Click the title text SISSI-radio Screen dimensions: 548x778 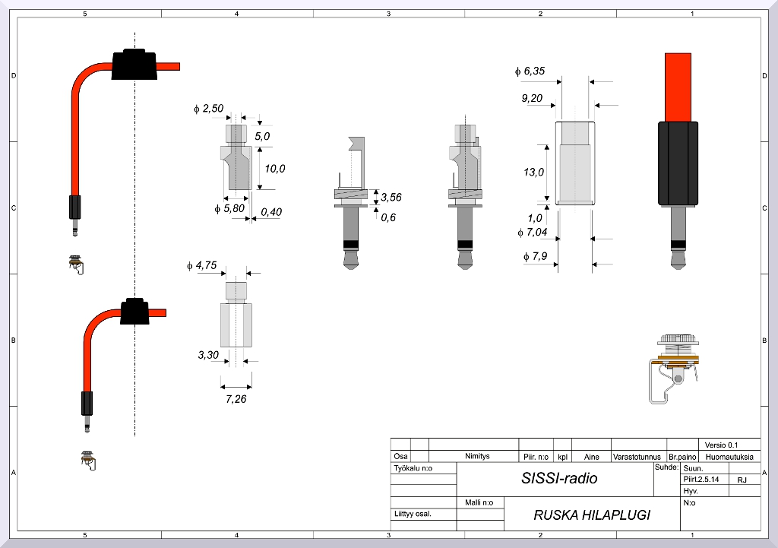pyautogui.click(x=559, y=478)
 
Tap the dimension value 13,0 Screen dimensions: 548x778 pyautogui.click(x=534, y=172)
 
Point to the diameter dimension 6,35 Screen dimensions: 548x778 pyautogui.click(x=530, y=71)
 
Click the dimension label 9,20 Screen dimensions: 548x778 pyautogui.click(x=532, y=98)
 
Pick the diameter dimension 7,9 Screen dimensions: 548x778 pyautogui.click(x=536, y=256)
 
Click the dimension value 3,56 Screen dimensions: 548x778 pyautogui.click(x=391, y=198)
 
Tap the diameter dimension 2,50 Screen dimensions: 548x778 pyautogui.click(x=209, y=109)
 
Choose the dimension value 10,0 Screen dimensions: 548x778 pyautogui.click(x=275, y=168)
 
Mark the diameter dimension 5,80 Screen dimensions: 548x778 pyautogui.click(x=229, y=207)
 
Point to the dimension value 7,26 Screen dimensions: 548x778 pyautogui.click(x=236, y=398)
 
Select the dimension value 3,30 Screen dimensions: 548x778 pyautogui.click(x=208, y=354)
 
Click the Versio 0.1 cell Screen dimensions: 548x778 pyautogui.click(x=721, y=445)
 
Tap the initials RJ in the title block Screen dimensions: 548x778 pyautogui.click(x=742, y=480)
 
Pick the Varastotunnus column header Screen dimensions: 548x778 pyautogui.click(x=638, y=457)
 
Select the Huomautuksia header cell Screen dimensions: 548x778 pyautogui.click(x=729, y=457)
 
